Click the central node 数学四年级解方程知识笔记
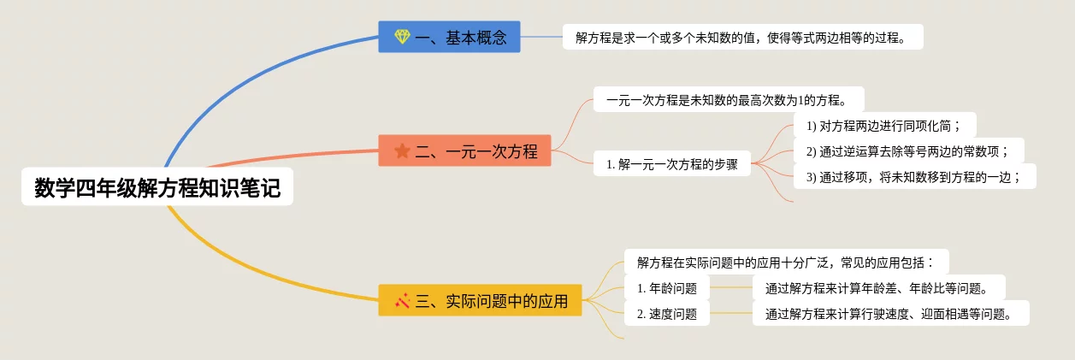coord(157,188)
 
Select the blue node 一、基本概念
coord(449,37)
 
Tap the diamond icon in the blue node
coord(402,37)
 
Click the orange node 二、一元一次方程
coord(464,151)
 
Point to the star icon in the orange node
coord(402,151)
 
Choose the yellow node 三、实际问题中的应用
coord(480,300)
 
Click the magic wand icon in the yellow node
coord(402,300)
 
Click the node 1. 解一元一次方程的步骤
coord(672,163)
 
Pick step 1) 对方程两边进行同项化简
coord(884,126)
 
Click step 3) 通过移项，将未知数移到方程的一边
coord(914,176)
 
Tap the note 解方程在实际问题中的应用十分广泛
coord(787,262)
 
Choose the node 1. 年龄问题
coord(667,287)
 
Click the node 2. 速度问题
coord(667,313)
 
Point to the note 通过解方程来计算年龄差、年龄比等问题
coord(878,287)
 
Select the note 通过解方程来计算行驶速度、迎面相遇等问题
coord(890,313)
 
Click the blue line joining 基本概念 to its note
coord(541,37)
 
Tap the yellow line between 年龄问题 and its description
coord(731,287)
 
